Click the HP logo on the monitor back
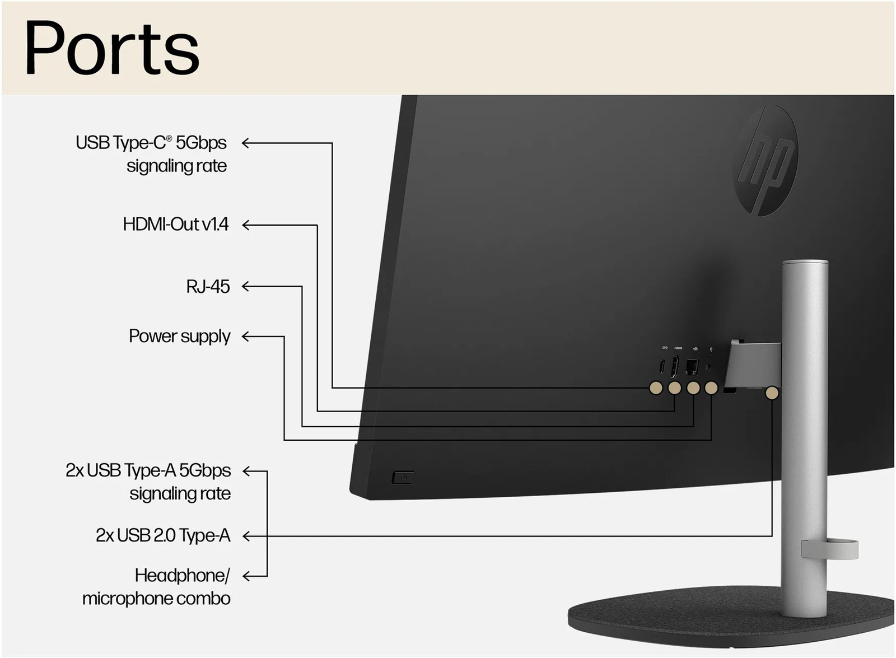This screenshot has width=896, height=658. [x=766, y=160]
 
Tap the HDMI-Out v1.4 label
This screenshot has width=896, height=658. [x=175, y=225]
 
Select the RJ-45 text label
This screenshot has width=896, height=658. [x=208, y=287]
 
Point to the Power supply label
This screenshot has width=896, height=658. [x=179, y=336]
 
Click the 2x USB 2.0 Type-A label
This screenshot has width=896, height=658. [x=163, y=536]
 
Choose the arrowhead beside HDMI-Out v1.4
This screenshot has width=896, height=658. [x=246, y=225]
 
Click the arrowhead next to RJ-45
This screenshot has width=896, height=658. [x=246, y=287]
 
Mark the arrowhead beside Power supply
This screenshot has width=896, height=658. [x=246, y=337]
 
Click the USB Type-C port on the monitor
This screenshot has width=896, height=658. [x=661, y=367]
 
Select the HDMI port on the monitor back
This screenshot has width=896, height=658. [x=675, y=366]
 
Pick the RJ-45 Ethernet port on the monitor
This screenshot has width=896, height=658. [x=693, y=367]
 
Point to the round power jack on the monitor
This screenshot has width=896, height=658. [x=709, y=368]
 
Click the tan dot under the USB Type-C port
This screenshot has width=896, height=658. [x=656, y=388]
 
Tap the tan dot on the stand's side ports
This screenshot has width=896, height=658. [x=772, y=393]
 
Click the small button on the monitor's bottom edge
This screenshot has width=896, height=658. [x=403, y=478]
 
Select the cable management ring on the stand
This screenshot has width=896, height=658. [x=829, y=549]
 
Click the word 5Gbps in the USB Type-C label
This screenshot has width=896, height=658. [x=201, y=143]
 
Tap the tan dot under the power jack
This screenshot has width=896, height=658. [x=711, y=388]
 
